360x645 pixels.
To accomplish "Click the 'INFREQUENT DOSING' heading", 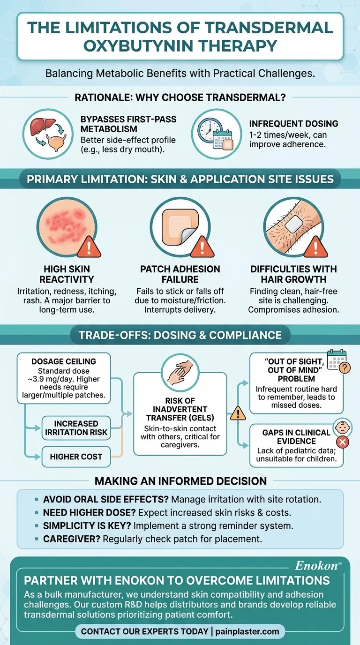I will (x=293, y=124).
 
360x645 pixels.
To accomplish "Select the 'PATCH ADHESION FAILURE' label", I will (x=180, y=274).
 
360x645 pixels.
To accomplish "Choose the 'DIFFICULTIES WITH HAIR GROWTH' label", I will (x=293, y=274).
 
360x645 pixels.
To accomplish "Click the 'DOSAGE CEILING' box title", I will (x=64, y=361).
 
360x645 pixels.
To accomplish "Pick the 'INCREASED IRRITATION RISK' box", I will (x=76, y=428).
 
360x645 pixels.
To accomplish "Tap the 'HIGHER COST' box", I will (x=76, y=456).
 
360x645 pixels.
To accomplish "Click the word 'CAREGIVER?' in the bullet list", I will (x=71, y=539).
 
